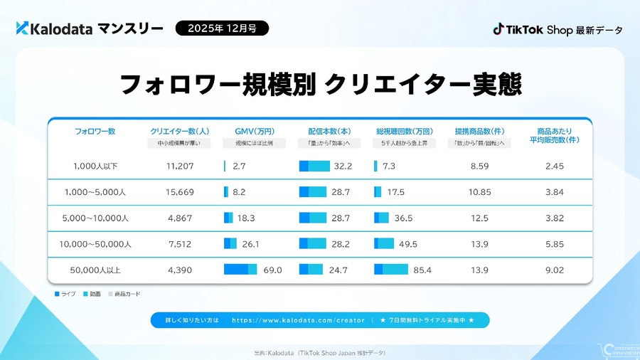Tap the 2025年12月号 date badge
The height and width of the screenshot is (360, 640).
tap(223, 28)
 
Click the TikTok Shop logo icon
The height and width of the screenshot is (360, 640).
tap(498, 29)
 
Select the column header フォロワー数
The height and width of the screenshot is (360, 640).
tap(95, 131)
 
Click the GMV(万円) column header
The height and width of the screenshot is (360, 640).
tap(254, 131)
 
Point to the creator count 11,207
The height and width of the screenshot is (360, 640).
tap(180, 166)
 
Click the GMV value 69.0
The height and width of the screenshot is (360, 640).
tap(272, 270)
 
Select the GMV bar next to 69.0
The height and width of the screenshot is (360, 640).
tap(240, 270)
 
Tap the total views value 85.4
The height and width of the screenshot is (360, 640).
tap(422, 270)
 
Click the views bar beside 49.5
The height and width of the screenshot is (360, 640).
tap(383, 244)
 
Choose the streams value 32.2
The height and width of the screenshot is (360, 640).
tap(343, 166)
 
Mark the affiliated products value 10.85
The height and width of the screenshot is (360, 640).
tap(480, 192)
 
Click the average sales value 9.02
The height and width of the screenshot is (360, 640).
tap(555, 270)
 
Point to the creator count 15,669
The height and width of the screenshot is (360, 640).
tap(180, 192)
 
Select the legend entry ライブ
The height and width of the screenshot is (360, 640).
tap(65, 293)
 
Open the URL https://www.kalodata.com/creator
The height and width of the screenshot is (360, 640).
tap(299, 320)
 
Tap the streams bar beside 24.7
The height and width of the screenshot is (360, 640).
tap(311, 270)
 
